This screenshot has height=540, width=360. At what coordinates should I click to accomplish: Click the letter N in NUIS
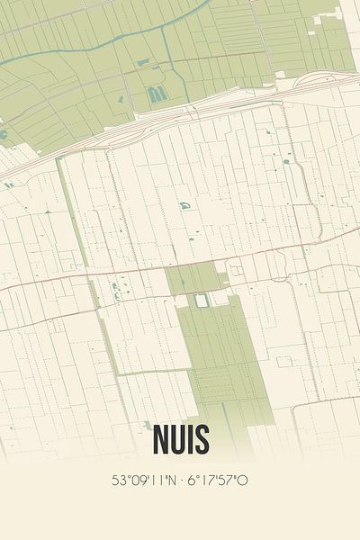click(151, 440)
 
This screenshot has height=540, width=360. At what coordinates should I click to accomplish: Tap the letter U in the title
click(173, 440)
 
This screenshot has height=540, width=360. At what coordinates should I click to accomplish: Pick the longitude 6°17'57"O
click(217, 481)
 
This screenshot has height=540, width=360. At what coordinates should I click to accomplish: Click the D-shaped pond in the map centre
click(184, 206)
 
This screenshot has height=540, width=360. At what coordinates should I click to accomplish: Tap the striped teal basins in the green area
click(156, 94)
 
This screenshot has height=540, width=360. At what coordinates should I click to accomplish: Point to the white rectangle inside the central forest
click(201, 300)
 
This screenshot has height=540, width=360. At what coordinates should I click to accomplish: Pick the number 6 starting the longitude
click(191, 481)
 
